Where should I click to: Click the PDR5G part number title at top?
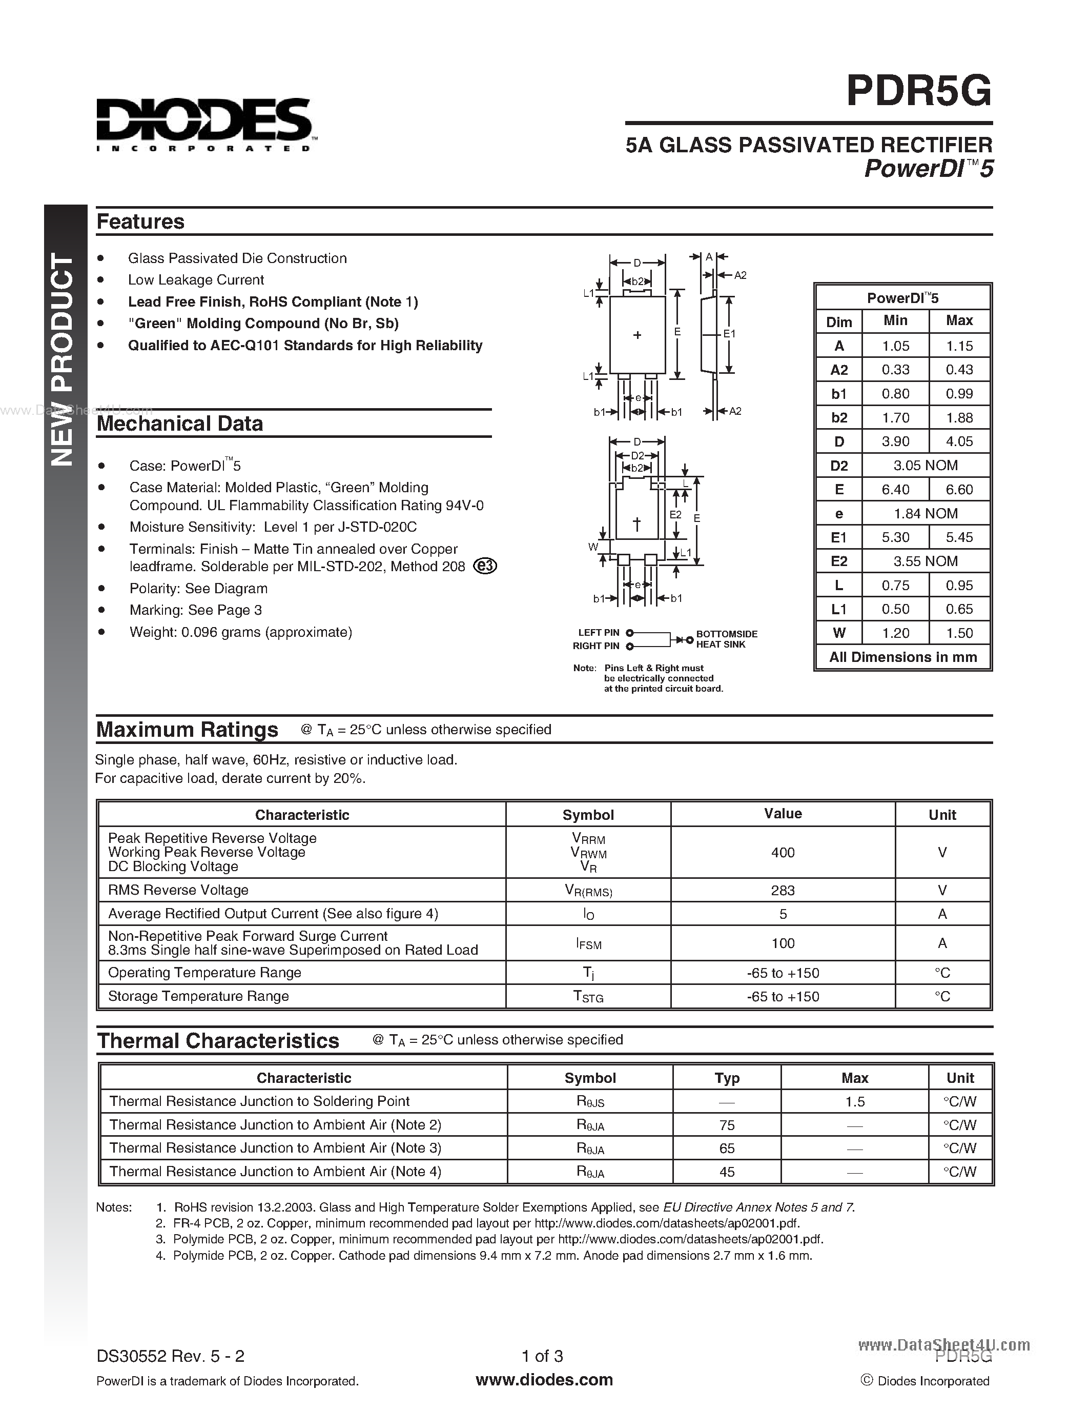click(x=919, y=92)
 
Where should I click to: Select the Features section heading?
click(x=140, y=221)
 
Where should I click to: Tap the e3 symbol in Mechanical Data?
click(x=485, y=566)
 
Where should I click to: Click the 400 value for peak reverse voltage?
click(x=782, y=852)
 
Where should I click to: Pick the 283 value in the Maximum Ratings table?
click(x=782, y=890)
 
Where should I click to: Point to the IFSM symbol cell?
click(x=588, y=943)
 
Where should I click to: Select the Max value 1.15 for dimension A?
click(x=959, y=346)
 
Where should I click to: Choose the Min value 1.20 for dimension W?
click(x=895, y=633)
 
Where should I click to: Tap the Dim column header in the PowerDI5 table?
click(x=839, y=321)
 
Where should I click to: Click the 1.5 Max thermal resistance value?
click(x=854, y=1101)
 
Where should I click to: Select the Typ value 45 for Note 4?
click(x=727, y=1172)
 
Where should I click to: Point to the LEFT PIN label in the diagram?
click(x=598, y=633)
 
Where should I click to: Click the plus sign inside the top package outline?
click(x=638, y=335)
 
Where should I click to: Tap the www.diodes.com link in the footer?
click(x=544, y=1380)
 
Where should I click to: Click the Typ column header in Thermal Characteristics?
click(x=727, y=1078)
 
